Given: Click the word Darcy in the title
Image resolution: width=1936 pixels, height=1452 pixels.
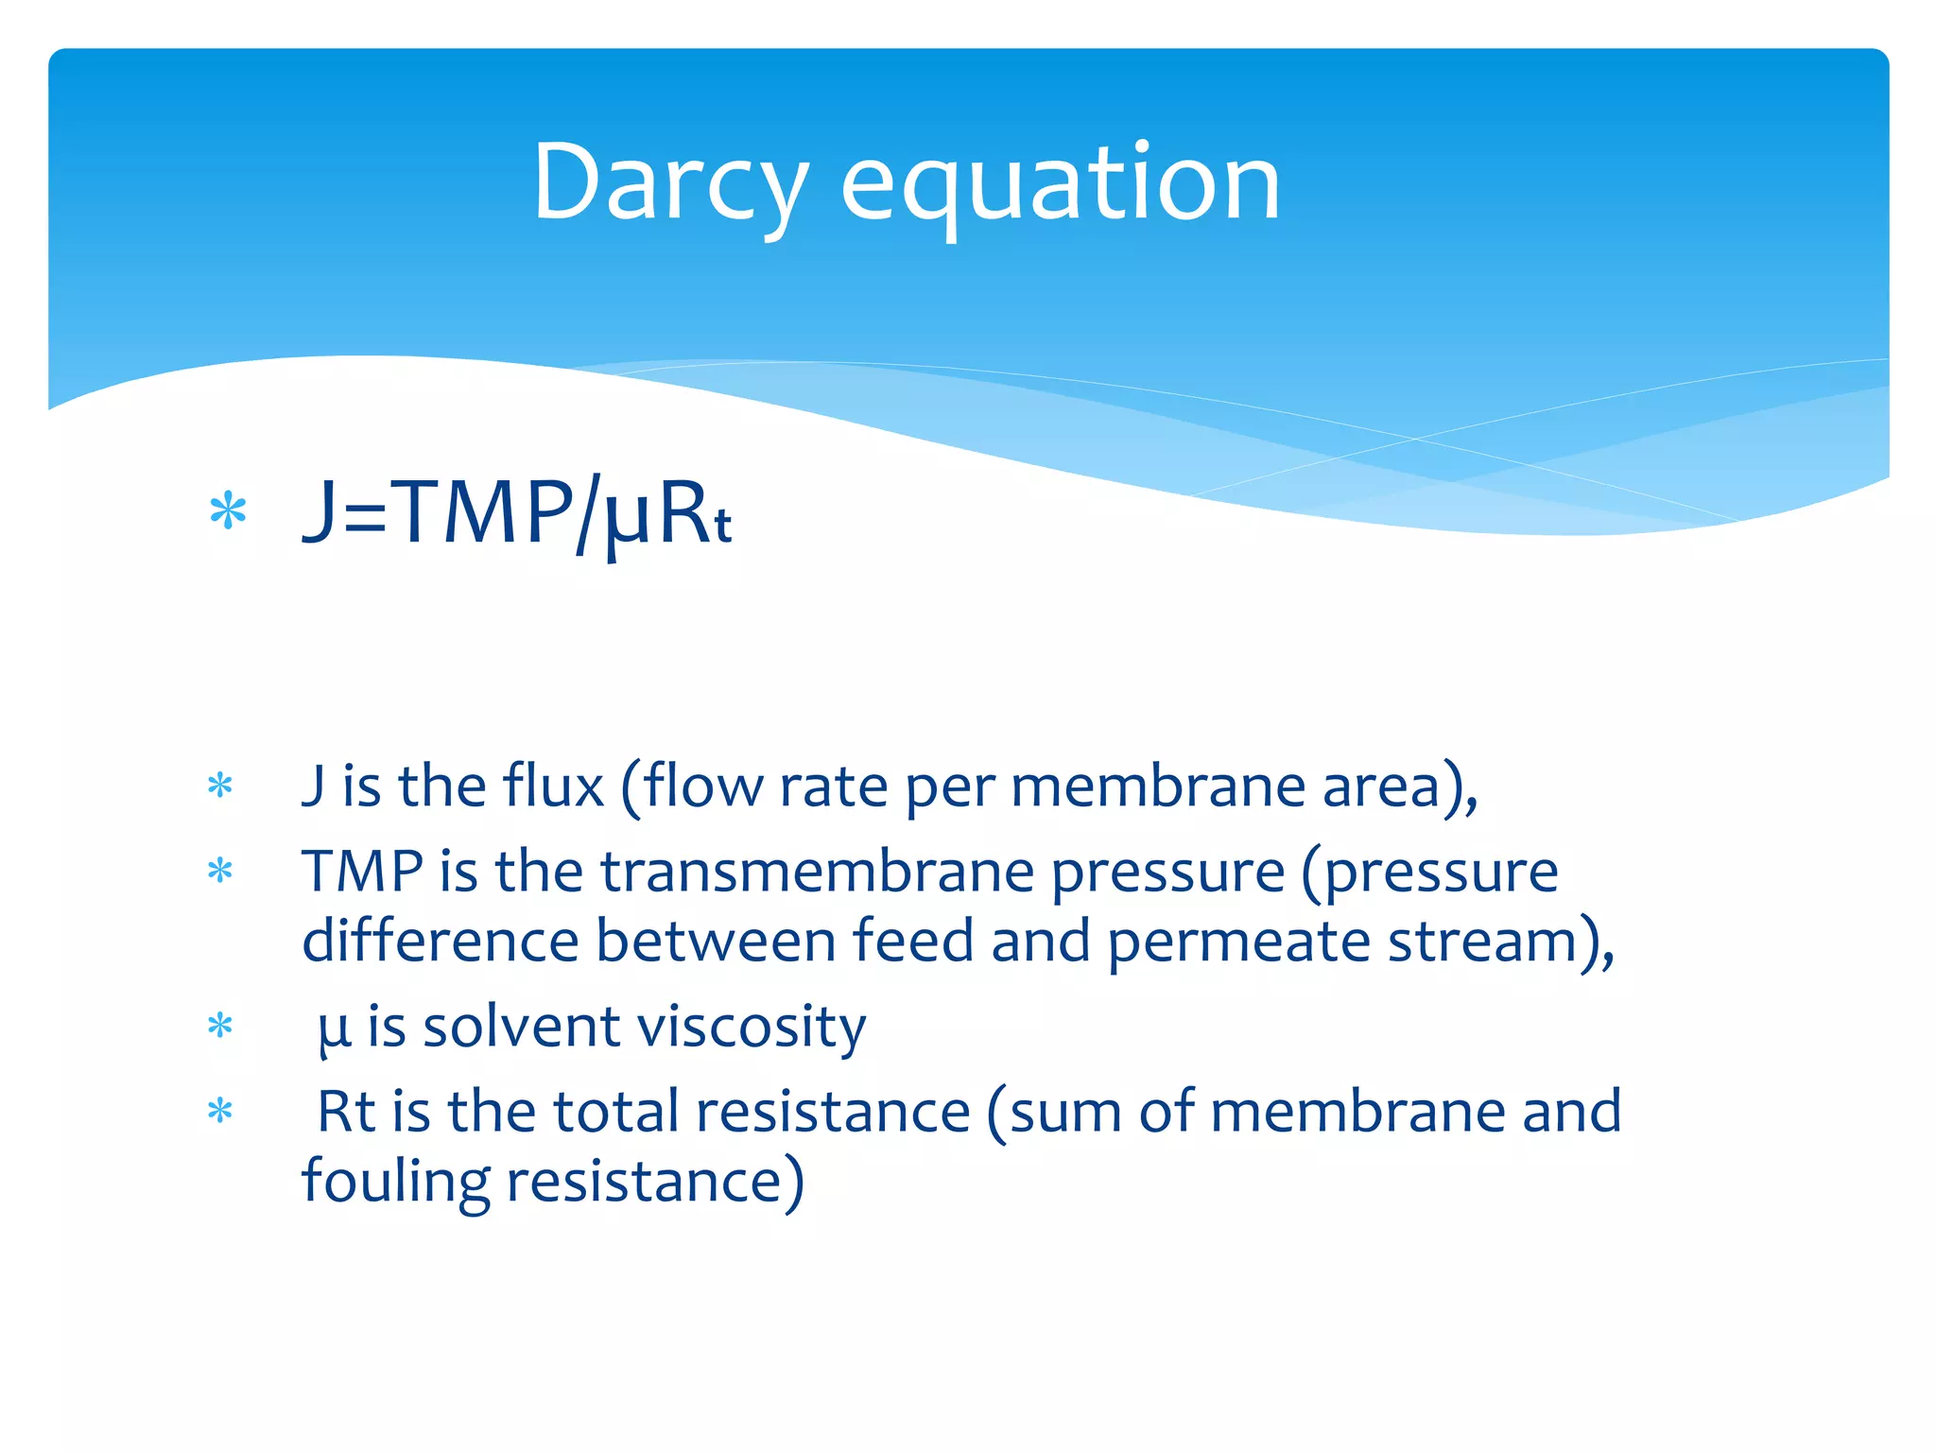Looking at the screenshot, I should tap(669, 184).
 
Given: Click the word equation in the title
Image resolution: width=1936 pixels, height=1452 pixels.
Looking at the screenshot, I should tap(1060, 184).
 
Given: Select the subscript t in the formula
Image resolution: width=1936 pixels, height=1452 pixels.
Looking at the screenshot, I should tap(722, 526).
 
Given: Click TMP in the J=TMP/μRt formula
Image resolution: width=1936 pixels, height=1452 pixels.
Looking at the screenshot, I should tap(481, 513).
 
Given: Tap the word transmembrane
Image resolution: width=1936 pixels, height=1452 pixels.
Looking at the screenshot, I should tap(817, 871).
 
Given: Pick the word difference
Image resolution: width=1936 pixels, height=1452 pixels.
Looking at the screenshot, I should tap(440, 942).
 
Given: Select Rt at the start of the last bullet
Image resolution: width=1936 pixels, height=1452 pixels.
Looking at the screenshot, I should tap(346, 1112).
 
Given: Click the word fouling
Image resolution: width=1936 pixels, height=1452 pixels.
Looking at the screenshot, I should tap(395, 1183).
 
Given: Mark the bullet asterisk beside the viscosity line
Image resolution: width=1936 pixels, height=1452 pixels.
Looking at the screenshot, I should tap(220, 1027).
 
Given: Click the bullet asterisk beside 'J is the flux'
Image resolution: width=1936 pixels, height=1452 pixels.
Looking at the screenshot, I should tap(220, 786).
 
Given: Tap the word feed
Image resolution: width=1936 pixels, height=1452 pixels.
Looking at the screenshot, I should tap(912, 942).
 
